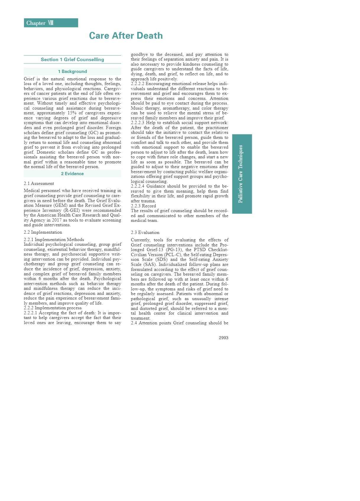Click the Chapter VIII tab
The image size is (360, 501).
click(51, 23)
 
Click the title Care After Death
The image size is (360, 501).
click(126, 36)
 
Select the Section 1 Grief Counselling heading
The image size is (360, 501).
click(72, 60)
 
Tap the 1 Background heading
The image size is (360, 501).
click(72, 71)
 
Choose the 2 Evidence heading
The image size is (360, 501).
click(72, 174)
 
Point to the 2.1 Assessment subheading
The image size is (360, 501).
click(39, 183)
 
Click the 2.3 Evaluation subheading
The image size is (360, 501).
click(145, 232)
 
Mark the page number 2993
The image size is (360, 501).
click(223, 338)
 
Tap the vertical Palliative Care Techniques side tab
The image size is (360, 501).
click(242, 174)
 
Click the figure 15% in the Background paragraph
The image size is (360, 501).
click(72, 113)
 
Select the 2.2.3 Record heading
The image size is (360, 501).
click(143, 206)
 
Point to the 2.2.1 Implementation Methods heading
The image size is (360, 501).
click(54, 240)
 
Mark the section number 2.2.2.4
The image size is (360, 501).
click(137, 186)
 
